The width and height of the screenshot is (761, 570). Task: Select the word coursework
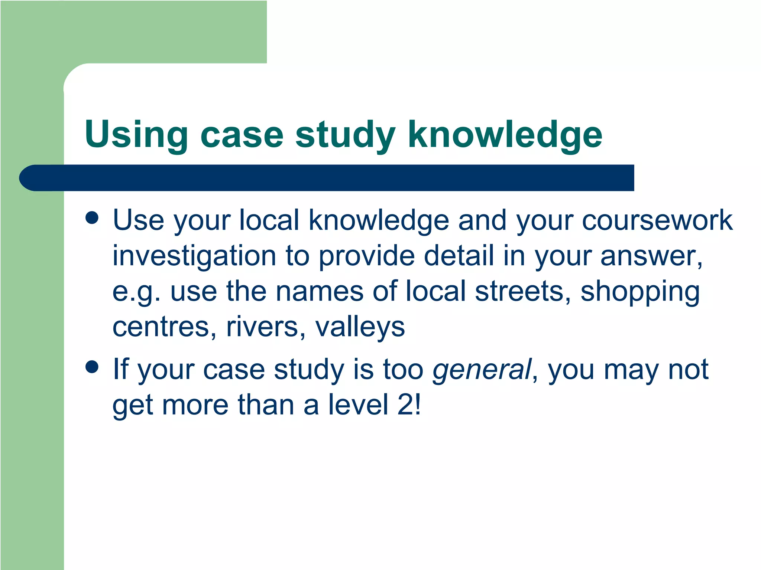[657, 220]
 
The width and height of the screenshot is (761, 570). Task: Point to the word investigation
[194, 256]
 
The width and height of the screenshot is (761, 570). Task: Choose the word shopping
[640, 292]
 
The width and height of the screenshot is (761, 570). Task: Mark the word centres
[164, 327]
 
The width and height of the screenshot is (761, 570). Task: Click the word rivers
[265, 327]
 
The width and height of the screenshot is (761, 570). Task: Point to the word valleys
[360, 328]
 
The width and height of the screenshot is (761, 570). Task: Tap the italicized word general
[482, 370]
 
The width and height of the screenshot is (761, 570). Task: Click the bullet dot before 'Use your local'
[92, 218]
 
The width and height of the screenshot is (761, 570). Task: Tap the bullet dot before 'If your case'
[92, 367]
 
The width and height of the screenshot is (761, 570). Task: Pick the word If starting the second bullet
[120, 369]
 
